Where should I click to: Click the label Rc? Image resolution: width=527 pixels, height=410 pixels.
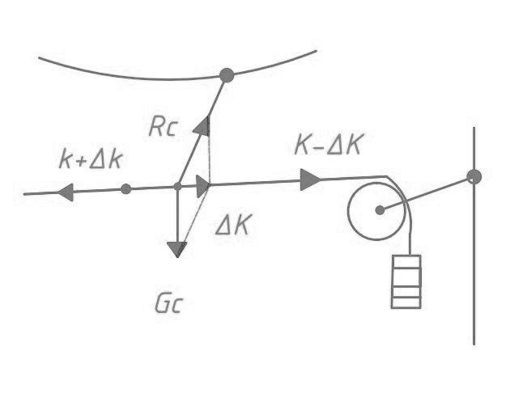click(x=162, y=127)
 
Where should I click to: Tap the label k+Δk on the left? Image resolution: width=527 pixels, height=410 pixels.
click(x=91, y=159)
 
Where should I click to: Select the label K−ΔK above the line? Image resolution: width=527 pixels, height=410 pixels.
click(x=328, y=145)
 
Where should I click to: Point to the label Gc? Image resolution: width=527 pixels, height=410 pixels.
click(x=170, y=304)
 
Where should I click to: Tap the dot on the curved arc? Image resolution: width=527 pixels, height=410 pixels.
click(x=227, y=75)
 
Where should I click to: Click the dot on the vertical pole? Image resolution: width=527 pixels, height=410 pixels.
click(x=474, y=176)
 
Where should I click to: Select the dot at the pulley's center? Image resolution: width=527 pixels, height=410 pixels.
click(x=380, y=210)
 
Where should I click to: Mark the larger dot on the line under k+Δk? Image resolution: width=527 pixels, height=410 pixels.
click(x=125, y=189)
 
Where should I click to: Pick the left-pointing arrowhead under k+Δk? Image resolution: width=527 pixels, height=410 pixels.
click(x=66, y=192)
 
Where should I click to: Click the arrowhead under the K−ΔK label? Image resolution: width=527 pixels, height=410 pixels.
click(x=310, y=180)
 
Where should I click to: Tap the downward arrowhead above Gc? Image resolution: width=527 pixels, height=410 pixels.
click(x=176, y=249)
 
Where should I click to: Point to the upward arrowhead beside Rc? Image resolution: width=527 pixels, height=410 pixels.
click(x=202, y=125)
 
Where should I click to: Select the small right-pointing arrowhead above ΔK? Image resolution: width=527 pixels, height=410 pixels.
click(x=202, y=186)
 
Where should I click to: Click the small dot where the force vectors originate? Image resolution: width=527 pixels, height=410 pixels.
click(x=177, y=187)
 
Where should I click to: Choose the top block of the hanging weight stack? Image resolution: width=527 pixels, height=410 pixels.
click(x=406, y=262)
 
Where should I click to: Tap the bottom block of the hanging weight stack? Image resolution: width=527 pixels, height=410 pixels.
click(x=406, y=302)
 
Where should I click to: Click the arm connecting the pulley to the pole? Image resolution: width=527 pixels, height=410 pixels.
click(x=427, y=193)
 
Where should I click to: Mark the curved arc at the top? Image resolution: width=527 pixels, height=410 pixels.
click(x=121, y=74)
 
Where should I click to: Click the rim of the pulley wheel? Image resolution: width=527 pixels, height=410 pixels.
click(x=349, y=210)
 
